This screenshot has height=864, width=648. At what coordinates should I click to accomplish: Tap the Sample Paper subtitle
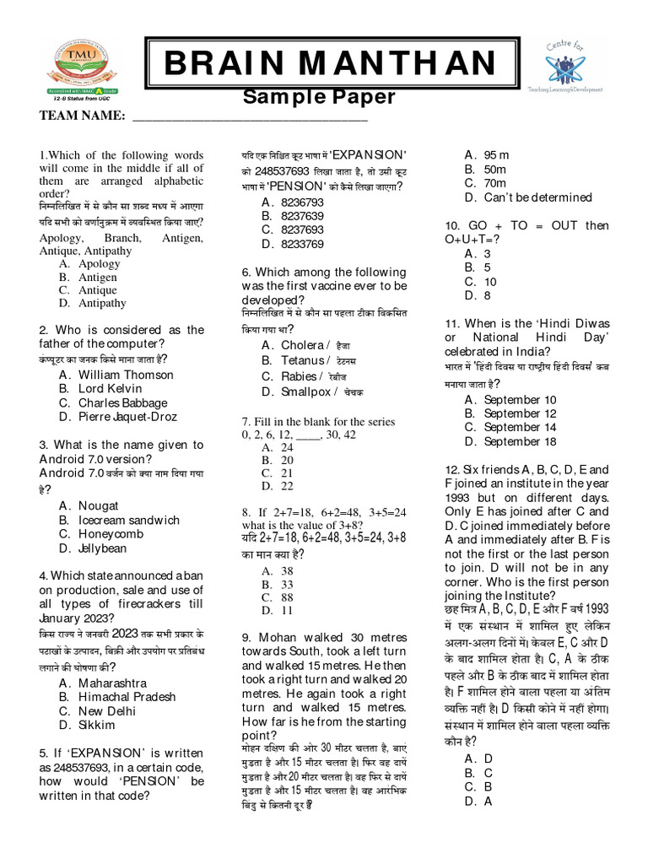[319, 96]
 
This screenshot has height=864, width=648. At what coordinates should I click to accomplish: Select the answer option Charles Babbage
[123, 402]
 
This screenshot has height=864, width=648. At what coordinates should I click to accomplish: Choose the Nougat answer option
[99, 505]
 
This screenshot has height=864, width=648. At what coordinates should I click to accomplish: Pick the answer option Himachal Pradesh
[127, 697]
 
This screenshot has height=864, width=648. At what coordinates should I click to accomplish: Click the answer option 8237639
[302, 216]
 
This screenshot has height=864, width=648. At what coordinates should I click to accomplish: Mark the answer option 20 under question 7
[287, 460]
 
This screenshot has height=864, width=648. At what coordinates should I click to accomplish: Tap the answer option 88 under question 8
[287, 597]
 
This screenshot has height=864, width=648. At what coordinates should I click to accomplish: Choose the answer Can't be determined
[537, 197]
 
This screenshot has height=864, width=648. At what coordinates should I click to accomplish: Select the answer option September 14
[520, 428]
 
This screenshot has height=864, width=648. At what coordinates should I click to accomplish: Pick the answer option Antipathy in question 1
[102, 303]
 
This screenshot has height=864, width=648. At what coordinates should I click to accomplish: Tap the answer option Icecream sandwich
[129, 520]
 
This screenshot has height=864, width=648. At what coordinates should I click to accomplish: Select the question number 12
[451, 469]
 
